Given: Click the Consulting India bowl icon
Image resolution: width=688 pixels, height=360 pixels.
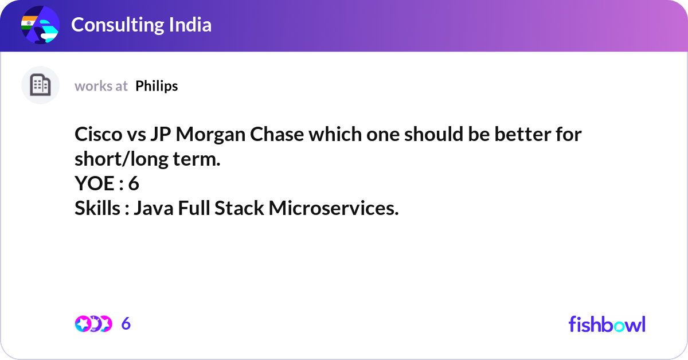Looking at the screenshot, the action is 40,25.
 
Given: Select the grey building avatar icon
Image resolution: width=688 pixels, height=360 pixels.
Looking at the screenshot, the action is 40,85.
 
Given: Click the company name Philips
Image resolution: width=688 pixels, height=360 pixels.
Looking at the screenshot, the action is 157,87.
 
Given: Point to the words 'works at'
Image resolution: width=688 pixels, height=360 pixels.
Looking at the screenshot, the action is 101,87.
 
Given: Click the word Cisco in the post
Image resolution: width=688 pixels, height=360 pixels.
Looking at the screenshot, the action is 99,134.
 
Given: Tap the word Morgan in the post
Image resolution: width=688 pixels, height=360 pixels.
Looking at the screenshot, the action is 211,135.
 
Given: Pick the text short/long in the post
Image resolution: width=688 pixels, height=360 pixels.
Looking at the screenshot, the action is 122,160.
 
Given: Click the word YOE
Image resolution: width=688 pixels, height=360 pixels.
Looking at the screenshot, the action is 95,183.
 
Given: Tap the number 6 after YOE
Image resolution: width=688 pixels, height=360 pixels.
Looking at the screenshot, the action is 134,183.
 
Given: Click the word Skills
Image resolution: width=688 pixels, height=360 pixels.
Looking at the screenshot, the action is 97,208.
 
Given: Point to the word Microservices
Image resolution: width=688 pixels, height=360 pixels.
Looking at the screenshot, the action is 334,208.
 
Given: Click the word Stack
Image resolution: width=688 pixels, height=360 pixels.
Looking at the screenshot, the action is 239,208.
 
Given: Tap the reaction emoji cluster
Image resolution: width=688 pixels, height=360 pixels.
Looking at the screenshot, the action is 93,324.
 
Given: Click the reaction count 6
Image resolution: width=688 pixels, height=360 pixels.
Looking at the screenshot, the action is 126,323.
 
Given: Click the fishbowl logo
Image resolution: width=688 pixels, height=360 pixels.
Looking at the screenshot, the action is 607,324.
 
